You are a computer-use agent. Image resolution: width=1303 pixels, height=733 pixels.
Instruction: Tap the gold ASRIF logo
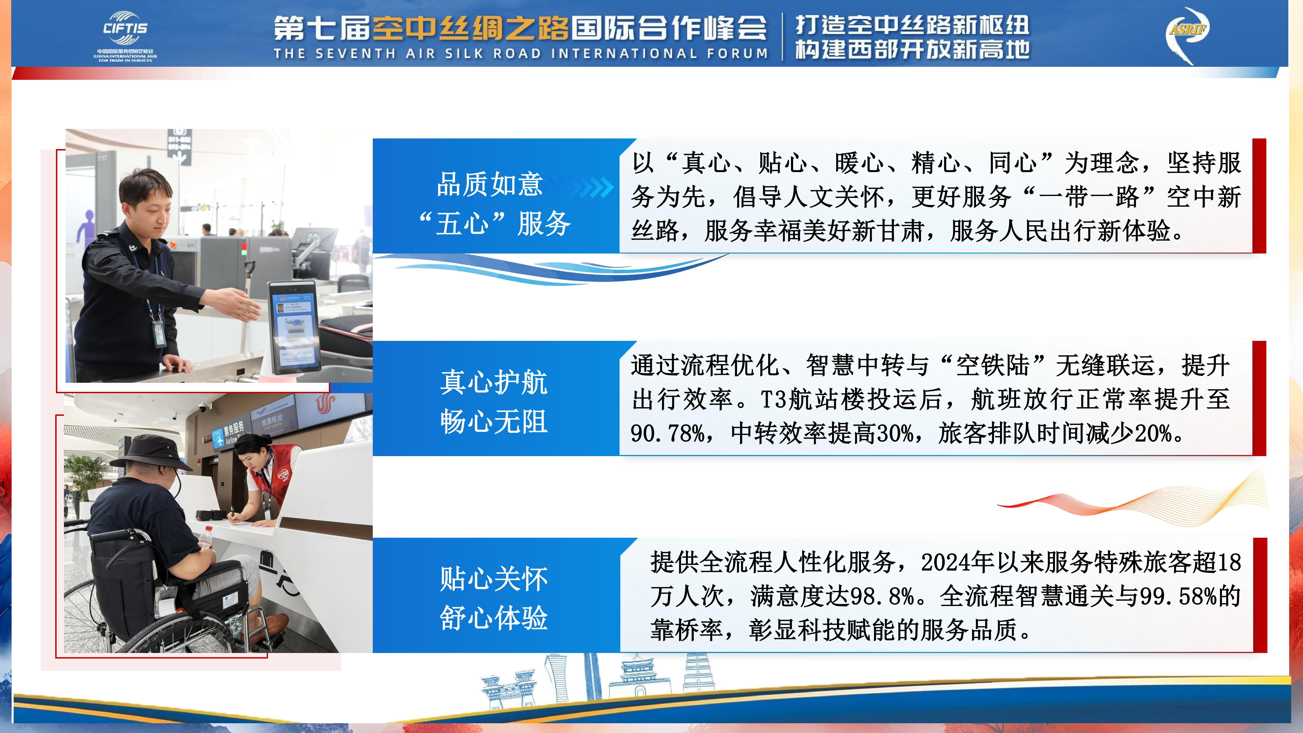pyautogui.click(x=1187, y=35)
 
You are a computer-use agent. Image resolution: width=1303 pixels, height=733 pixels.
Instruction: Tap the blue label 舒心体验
pyautogui.click(x=494, y=618)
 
